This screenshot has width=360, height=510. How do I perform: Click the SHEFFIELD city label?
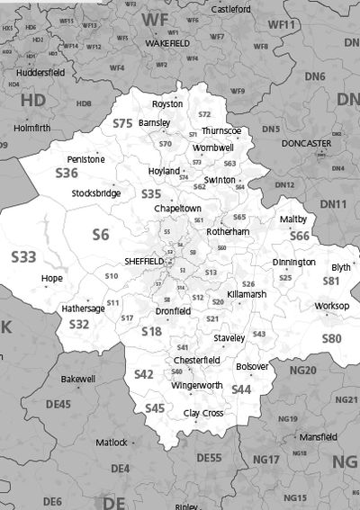(144, 260)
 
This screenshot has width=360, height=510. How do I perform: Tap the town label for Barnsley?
(154, 122)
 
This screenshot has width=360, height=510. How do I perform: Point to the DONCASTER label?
(306, 143)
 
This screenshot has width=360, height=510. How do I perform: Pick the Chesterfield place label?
(197, 360)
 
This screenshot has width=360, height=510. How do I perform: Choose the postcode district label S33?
(24, 257)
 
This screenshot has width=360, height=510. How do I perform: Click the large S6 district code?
(101, 234)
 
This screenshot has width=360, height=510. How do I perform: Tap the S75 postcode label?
(122, 122)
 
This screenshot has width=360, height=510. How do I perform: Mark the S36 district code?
(67, 173)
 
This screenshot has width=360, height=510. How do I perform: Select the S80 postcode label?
(331, 338)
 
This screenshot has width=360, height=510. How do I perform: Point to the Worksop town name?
(331, 307)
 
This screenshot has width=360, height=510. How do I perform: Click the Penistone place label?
(85, 159)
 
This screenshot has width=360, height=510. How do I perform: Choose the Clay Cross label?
(203, 413)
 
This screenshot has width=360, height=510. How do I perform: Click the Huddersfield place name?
(41, 72)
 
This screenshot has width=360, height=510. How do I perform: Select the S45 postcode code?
(155, 408)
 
